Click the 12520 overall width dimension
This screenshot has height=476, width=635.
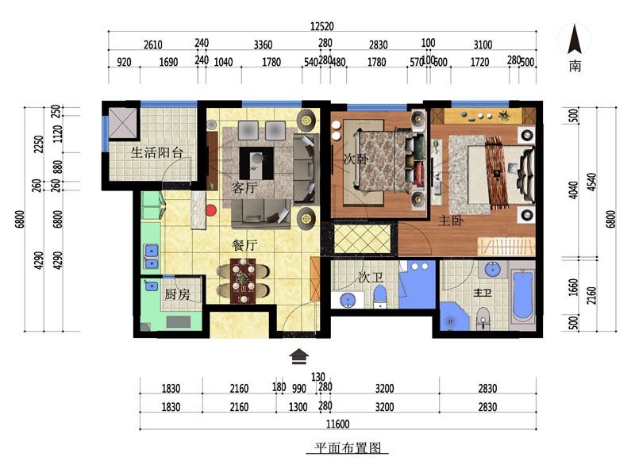[x=322, y=26]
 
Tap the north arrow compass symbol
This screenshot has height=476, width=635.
[x=574, y=39]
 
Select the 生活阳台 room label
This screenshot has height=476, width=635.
[x=156, y=152]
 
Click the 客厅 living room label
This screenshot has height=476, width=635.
[x=244, y=187]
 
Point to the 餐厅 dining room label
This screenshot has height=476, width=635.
[x=244, y=245]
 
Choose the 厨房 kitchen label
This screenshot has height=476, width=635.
[x=177, y=294]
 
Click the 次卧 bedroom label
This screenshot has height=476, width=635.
[x=356, y=158]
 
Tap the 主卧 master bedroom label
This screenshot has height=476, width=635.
[x=451, y=221]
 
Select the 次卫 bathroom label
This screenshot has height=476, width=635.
[x=371, y=277]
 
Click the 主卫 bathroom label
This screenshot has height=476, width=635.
[x=483, y=292]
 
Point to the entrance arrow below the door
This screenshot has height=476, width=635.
[x=299, y=356]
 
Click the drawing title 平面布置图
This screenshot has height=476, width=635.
[x=348, y=447]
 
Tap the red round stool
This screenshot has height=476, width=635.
[x=211, y=210]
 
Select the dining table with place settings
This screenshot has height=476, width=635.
[x=244, y=281]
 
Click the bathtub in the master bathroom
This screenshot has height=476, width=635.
[x=523, y=296]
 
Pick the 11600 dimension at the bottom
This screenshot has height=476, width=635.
[x=338, y=424]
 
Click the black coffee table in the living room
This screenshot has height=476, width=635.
[x=256, y=163]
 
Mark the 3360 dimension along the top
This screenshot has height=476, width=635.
[x=263, y=44]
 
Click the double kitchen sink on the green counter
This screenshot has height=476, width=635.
[x=152, y=256]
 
